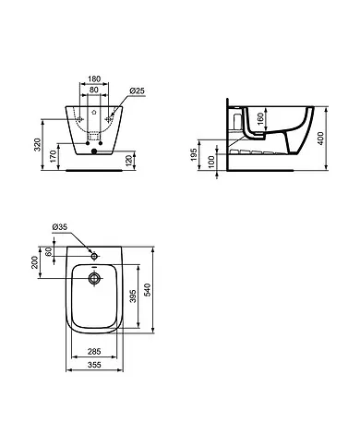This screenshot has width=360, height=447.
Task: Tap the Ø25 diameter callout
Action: [x=136, y=91]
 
